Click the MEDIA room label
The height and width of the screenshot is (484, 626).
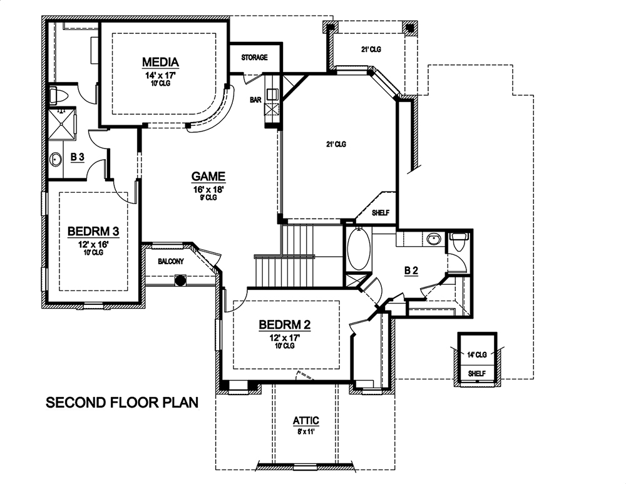pyautogui.click(x=161, y=62)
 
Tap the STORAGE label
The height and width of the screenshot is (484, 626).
pyautogui.click(x=254, y=58)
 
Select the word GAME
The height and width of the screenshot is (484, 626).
pyautogui.click(x=208, y=177)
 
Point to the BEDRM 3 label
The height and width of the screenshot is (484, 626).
pyautogui.click(x=93, y=232)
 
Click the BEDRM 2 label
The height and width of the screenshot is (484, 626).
pyautogui.click(x=285, y=325)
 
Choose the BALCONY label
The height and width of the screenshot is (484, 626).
pyautogui.click(x=170, y=261)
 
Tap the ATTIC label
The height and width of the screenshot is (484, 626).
pyautogui.click(x=307, y=421)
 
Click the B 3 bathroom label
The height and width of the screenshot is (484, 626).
pyautogui.click(x=77, y=158)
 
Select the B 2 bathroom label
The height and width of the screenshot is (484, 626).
pyautogui.click(x=411, y=270)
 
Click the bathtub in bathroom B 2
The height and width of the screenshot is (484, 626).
pyautogui.click(x=359, y=250)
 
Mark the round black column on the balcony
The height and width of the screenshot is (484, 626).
pyautogui.click(x=180, y=281)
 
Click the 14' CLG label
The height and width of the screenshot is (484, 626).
pyautogui.click(x=477, y=354)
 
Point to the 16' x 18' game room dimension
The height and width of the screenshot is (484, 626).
pyautogui.click(x=208, y=188)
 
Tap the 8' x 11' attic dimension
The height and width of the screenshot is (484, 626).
pyautogui.click(x=307, y=430)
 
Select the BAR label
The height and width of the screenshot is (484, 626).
pyautogui.click(x=255, y=100)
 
